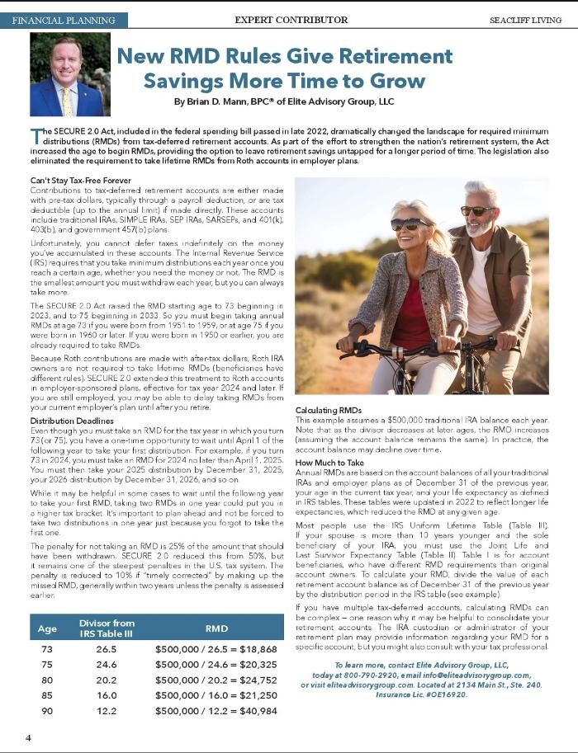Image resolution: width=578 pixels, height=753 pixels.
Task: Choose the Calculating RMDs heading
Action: [x=329, y=410]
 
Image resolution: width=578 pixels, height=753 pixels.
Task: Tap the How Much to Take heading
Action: [x=329, y=464]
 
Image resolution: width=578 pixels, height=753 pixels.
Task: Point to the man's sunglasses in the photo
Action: [x=477, y=210]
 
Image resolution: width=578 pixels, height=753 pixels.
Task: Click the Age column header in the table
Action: [x=48, y=628]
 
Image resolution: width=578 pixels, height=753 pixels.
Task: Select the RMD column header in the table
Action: [x=216, y=628]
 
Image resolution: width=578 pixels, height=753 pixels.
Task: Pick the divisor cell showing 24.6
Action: [x=107, y=665]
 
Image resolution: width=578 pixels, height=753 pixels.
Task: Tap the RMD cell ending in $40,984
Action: [x=216, y=711]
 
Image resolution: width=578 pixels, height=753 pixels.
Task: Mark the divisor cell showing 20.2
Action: [x=107, y=680]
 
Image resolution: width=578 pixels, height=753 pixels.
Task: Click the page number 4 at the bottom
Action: [x=27, y=737]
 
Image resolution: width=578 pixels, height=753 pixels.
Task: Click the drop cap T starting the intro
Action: [x=36, y=136]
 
